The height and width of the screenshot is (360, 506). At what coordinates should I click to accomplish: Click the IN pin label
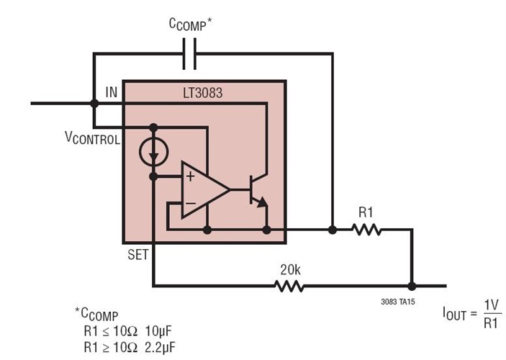click(111, 92)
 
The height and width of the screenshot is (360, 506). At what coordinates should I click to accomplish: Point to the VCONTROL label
click(91, 139)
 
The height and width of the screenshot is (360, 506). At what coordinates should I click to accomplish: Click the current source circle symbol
click(153, 150)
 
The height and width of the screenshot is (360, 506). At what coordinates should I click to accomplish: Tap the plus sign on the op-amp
click(189, 177)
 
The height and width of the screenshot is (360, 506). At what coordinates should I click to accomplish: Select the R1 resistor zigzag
click(367, 230)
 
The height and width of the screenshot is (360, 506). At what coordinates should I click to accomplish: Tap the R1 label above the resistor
click(367, 213)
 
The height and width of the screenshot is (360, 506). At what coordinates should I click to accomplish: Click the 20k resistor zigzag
click(289, 286)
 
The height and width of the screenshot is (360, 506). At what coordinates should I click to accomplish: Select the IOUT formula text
click(472, 316)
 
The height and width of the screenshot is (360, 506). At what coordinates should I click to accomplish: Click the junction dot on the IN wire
click(94, 103)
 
